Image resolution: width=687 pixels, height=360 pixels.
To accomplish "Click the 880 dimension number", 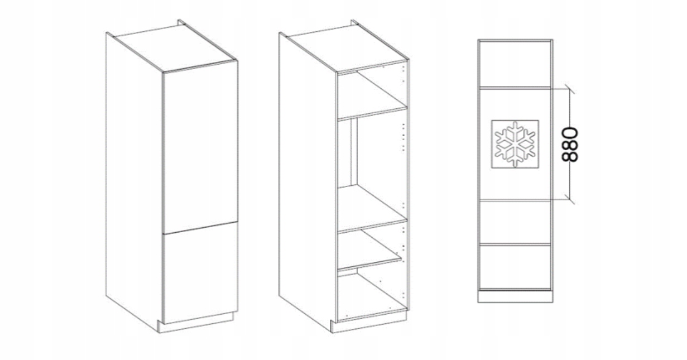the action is tap(570, 144).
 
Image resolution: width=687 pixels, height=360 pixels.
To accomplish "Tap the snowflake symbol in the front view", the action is tap(515, 144).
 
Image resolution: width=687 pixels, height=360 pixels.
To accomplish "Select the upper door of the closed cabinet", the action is tap(200, 147).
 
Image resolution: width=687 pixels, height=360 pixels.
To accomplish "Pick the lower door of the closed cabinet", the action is tap(200, 273).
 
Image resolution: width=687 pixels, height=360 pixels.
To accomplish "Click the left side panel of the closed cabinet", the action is tap(134, 181).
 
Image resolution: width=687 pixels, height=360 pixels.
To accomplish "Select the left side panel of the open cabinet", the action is tap(308, 181).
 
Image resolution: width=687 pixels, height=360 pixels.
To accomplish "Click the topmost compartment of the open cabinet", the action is tap(373, 92).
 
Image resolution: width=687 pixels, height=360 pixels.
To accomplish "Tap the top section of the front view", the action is tap(515, 64).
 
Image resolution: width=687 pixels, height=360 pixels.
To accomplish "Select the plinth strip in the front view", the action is tap(515, 296).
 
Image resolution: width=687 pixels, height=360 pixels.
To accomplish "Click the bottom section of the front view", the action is tap(515, 267).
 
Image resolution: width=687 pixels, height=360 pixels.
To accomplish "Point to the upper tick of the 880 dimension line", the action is tap(570, 89).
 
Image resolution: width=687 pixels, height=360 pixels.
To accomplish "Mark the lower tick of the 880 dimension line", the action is tap(570, 199).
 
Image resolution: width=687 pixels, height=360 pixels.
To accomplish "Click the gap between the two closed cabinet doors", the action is tap(200, 228).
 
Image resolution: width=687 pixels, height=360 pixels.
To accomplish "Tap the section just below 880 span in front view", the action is tap(515, 222).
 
